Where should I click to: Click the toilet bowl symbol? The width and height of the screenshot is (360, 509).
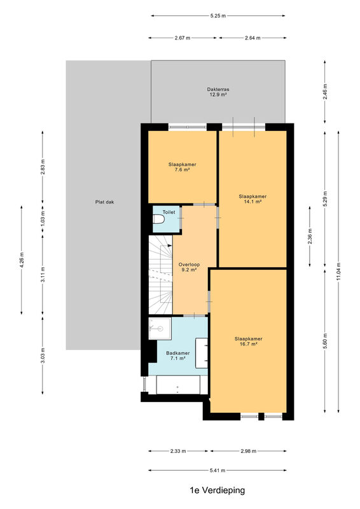(x=160, y=220)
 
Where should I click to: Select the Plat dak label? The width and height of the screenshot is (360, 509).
(x=104, y=202)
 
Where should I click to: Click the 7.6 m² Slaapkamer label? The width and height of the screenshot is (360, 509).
(x=182, y=167)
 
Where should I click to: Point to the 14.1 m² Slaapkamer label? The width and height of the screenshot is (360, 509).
(x=253, y=199)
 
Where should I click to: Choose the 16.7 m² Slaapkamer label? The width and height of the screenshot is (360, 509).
(x=248, y=341)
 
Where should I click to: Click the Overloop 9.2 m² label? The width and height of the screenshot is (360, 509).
(x=189, y=267)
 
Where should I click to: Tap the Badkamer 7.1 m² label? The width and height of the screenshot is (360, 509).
(x=178, y=356)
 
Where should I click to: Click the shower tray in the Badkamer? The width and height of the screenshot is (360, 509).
(x=160, y=328)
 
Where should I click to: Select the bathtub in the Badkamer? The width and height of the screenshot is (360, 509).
(x=178, y=385)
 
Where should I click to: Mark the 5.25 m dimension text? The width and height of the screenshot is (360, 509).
(x=218, y=15)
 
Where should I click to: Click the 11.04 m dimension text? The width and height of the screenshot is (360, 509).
(x=338, y=271)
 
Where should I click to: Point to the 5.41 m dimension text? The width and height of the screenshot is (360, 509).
(x=217, y=470)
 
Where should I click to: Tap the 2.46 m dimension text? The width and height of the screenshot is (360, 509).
(x=325, y=92)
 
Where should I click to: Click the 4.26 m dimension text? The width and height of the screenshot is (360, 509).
(x=22, y=260)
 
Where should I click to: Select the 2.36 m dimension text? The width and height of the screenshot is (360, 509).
(x=310, y=236)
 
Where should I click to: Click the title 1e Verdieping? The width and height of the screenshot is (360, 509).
(x=217, y=490)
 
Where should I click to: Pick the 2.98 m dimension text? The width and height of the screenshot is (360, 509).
(x=248, y=451)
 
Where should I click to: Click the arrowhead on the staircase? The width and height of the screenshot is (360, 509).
(x=170, y=246)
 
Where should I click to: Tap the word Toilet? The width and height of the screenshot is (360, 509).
(x=169, y=212)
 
